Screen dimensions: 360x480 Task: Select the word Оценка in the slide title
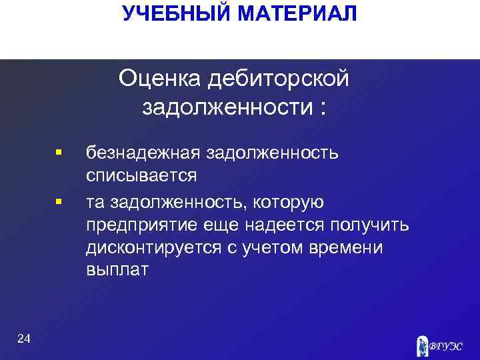[159, 79]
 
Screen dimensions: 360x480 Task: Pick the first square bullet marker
[59, 153]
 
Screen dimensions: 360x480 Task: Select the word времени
[351, 247]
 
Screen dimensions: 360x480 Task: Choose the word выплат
[117, 271]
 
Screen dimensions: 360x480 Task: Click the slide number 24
[23, 340]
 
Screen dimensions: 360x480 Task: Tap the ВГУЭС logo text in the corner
[447, 346]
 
